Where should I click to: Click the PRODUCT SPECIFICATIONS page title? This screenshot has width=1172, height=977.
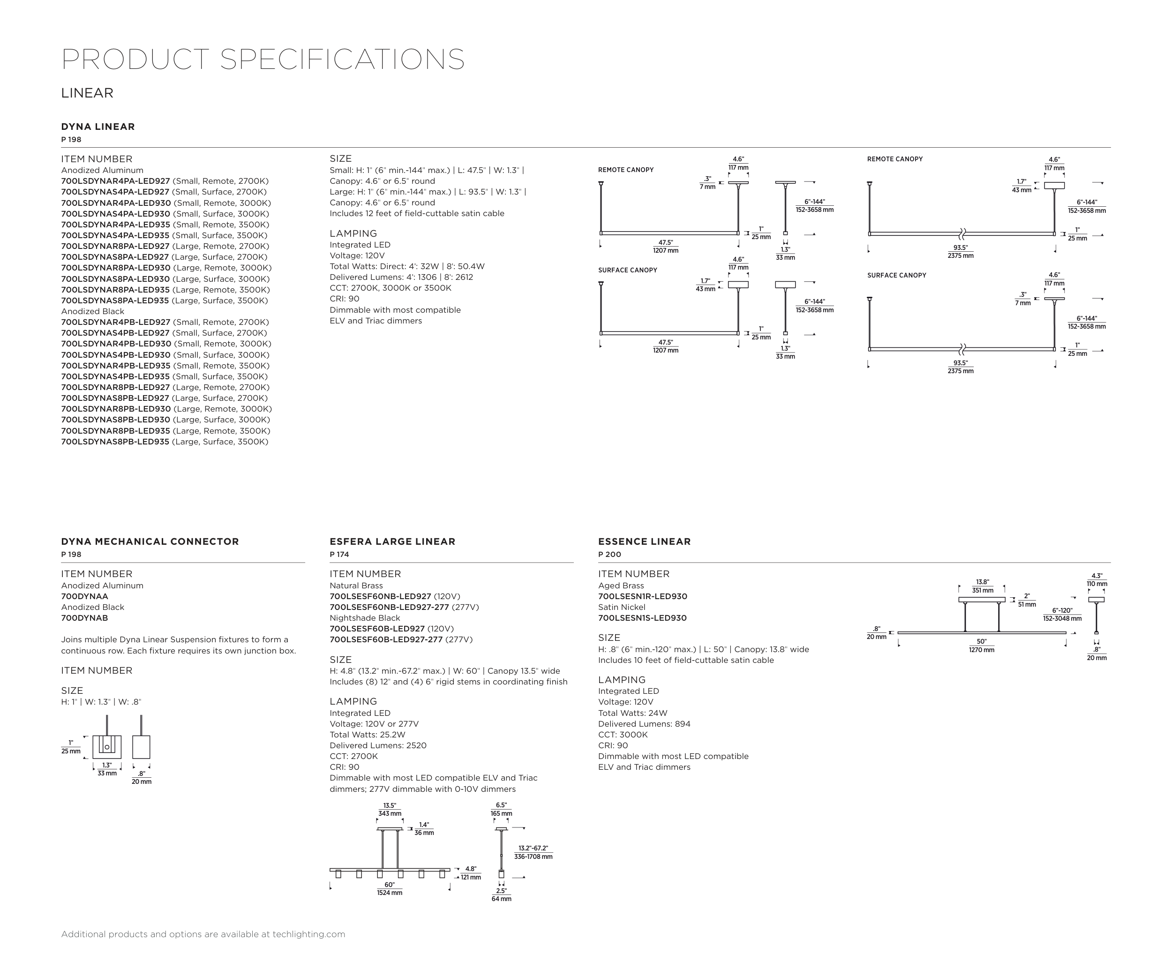(x=263, y=59)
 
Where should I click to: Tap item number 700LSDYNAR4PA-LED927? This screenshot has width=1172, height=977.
(x=115, y=181)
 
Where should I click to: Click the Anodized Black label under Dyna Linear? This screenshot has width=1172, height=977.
(x=93, y=311)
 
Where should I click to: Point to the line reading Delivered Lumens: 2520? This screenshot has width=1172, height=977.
(x=378, y=745)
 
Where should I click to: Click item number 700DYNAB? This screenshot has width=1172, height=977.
(x=84, y=618)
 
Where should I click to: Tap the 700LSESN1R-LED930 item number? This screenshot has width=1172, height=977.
(x=642, y=596)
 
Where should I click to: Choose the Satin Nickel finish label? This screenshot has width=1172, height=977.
(x=622, y=607)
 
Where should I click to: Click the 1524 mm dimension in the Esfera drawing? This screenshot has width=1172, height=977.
(x=390, y=893)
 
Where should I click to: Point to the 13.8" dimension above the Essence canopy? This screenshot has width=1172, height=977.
(x=982, y=582)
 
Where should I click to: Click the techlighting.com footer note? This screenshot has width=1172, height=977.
(x=203, y=934)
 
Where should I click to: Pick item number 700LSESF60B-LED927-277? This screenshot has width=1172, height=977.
(x=386, y=639)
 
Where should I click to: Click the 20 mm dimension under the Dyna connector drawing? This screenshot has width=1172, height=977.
(x=142, y=782)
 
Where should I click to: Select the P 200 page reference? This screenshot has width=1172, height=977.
(x=609, y=554)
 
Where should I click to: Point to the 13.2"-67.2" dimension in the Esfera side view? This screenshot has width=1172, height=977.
(x=533, y=848)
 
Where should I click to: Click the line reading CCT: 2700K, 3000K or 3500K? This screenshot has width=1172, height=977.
(x=390, y=288)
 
